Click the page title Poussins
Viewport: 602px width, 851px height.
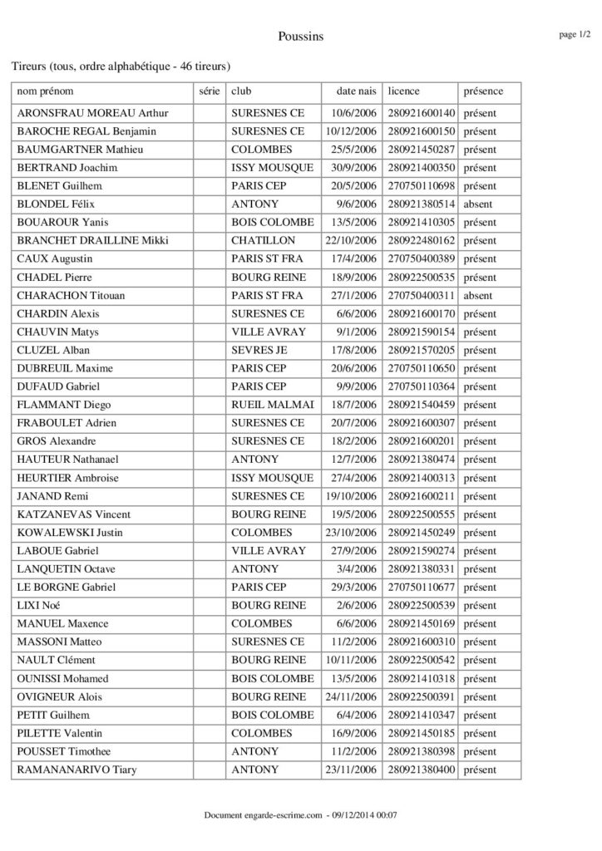(x=301, y=36)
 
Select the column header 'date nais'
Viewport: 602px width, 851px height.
(x=356, y=91)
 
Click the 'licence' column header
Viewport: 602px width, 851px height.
(x=403, y=91)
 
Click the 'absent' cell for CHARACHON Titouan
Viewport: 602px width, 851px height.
(x=478, y=295)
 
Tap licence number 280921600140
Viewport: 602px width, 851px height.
(x=422, y=112)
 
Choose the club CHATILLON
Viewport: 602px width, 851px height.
(x=259, y=240)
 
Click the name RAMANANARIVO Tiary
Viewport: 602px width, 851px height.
(x=77, y=770)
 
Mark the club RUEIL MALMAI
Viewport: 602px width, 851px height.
(x=272, y=405)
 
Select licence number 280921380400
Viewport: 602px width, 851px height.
(x=422, y=770)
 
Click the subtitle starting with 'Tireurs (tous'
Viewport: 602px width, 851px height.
(x=120, y=65)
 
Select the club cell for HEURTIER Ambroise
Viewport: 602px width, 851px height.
(x=272, y=478)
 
